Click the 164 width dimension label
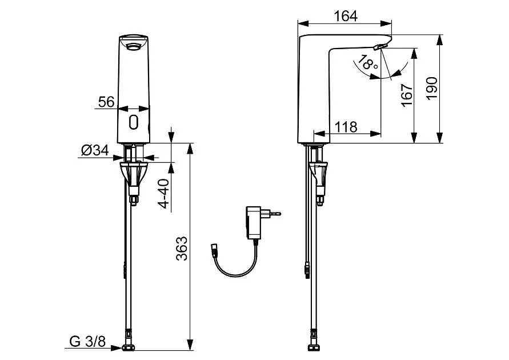(346, 16)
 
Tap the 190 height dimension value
(432, 89)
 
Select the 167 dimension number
(407, 95)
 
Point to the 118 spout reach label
(346, 127)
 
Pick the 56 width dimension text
(106, 102)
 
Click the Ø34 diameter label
(95, 150)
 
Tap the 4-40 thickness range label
(165, 194)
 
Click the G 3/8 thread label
(87, 342)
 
